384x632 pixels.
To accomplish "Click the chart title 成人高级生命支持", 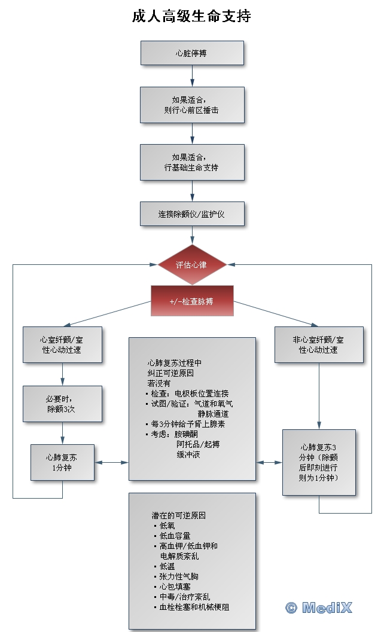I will click(191, 16).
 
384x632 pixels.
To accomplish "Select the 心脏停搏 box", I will click(192, 53).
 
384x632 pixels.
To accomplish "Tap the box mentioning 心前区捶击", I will click(192, 105).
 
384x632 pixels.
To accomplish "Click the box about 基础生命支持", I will click(192, 162).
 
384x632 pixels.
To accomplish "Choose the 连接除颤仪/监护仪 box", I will click(192, 214).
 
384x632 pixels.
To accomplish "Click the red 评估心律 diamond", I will click(192, 264).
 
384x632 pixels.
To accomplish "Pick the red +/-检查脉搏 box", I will click(192, 301).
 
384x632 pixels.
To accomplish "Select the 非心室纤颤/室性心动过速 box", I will click(318, 344).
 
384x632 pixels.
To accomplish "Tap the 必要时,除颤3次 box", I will click(62, 404).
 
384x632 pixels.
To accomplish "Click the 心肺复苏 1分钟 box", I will click(62, 462).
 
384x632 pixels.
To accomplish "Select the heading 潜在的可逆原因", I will click(179, 515).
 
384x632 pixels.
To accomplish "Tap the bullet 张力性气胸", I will click(179, 576).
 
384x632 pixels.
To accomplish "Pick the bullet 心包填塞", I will click(175, 587).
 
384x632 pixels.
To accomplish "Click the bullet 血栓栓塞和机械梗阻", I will click(194, 607).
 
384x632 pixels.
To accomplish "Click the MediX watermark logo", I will click(319, 607).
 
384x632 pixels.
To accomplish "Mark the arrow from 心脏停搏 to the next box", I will click(192, 75).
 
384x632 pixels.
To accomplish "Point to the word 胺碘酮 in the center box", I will click(185, 433).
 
